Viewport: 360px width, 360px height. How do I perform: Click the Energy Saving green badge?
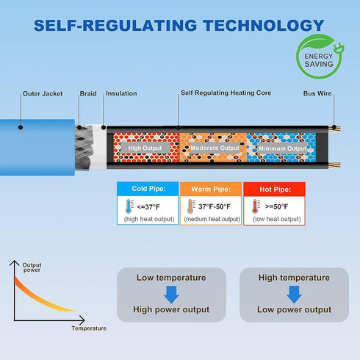point(320,57)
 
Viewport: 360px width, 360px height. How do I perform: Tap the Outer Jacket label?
point(43,93)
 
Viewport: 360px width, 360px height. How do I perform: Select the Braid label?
point(88,93)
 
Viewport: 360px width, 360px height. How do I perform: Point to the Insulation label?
point(121,93)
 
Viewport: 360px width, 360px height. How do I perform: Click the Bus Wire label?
point(317,93)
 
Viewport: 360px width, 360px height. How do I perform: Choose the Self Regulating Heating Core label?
point(226,93)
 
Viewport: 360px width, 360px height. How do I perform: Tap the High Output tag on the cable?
point(145,148)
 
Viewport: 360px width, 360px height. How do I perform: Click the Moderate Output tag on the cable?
point(215,148)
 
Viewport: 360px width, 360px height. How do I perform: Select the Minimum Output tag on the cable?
point(282,148)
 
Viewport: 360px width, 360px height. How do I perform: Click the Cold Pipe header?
point(148,189)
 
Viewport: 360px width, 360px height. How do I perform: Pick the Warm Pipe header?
point(211,189)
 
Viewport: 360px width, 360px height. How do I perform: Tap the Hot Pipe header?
point(274,190)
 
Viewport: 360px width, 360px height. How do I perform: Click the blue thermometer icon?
point(129,206)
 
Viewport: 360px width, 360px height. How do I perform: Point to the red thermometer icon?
point(256,206)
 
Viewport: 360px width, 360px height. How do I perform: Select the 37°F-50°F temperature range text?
point(215,206)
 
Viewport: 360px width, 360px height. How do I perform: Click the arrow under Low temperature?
point(171,295)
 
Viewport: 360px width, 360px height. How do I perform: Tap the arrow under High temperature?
point(294,295)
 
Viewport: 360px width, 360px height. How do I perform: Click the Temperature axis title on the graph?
point(89,328)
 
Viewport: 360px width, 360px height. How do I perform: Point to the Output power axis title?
point(32,267)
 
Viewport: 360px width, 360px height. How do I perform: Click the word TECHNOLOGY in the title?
point(264,26)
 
